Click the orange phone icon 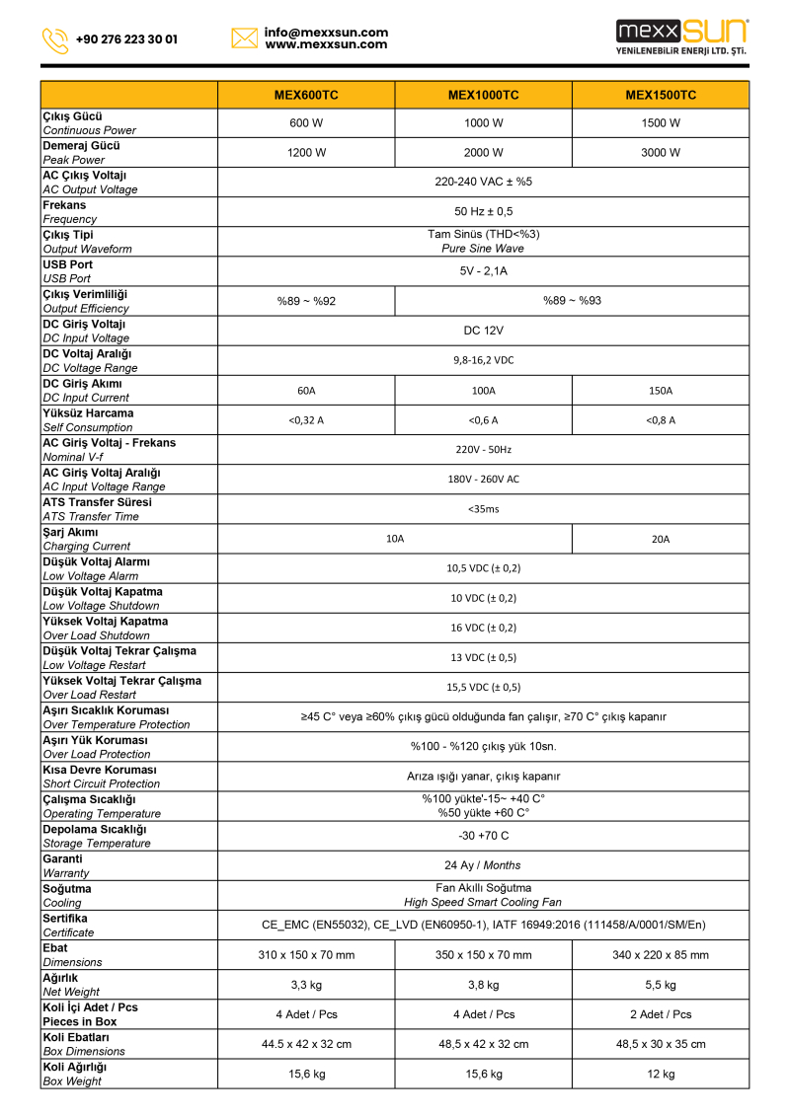55,40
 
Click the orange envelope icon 244,38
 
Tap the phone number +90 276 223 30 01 126,40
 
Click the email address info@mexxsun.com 326,33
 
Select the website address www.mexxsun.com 326,45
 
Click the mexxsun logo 681,37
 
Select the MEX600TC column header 306,96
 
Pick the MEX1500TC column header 661,96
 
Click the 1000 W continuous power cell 483,123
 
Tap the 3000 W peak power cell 661,153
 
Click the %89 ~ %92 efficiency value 306,301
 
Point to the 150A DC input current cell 661,391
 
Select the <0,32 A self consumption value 306,420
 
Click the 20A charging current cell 661,539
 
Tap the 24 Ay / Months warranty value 483,865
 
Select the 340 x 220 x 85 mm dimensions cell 661,955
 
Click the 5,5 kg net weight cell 661,985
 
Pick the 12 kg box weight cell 661,1075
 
